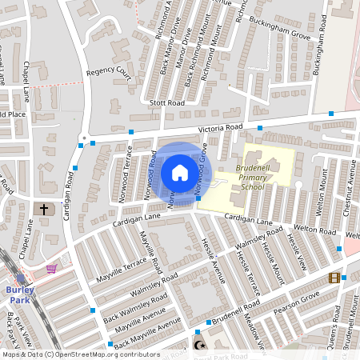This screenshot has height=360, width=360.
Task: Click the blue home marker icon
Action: click(179, 173)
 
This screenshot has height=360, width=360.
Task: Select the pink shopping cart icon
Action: click(52, 268)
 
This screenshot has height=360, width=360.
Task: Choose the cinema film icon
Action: click(334, 278)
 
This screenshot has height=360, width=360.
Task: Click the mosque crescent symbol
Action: click(199, 346)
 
